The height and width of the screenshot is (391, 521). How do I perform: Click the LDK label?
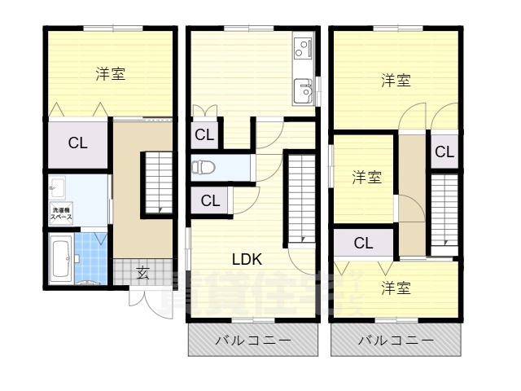(246, 260)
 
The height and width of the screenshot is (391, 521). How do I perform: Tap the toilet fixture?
(203, 168)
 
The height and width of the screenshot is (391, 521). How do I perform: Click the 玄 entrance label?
(142, 273)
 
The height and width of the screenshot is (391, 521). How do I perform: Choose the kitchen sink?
(304, 89)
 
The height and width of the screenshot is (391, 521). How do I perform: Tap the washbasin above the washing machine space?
(56, 188)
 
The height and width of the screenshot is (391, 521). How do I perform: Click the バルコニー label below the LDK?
(252, 341)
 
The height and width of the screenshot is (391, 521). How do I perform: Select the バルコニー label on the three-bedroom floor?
(395, 341)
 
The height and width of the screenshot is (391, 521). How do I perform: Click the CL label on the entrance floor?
(77, 144)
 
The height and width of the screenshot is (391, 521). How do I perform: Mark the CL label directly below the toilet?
(209, 200)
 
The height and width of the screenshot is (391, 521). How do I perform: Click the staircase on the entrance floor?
(159, 183)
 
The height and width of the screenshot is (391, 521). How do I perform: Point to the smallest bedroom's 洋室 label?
(366, 177)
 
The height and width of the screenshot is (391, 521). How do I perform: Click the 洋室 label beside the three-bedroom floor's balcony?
(396, 288)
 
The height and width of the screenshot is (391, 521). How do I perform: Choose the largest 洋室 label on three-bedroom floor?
(396, 80)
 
